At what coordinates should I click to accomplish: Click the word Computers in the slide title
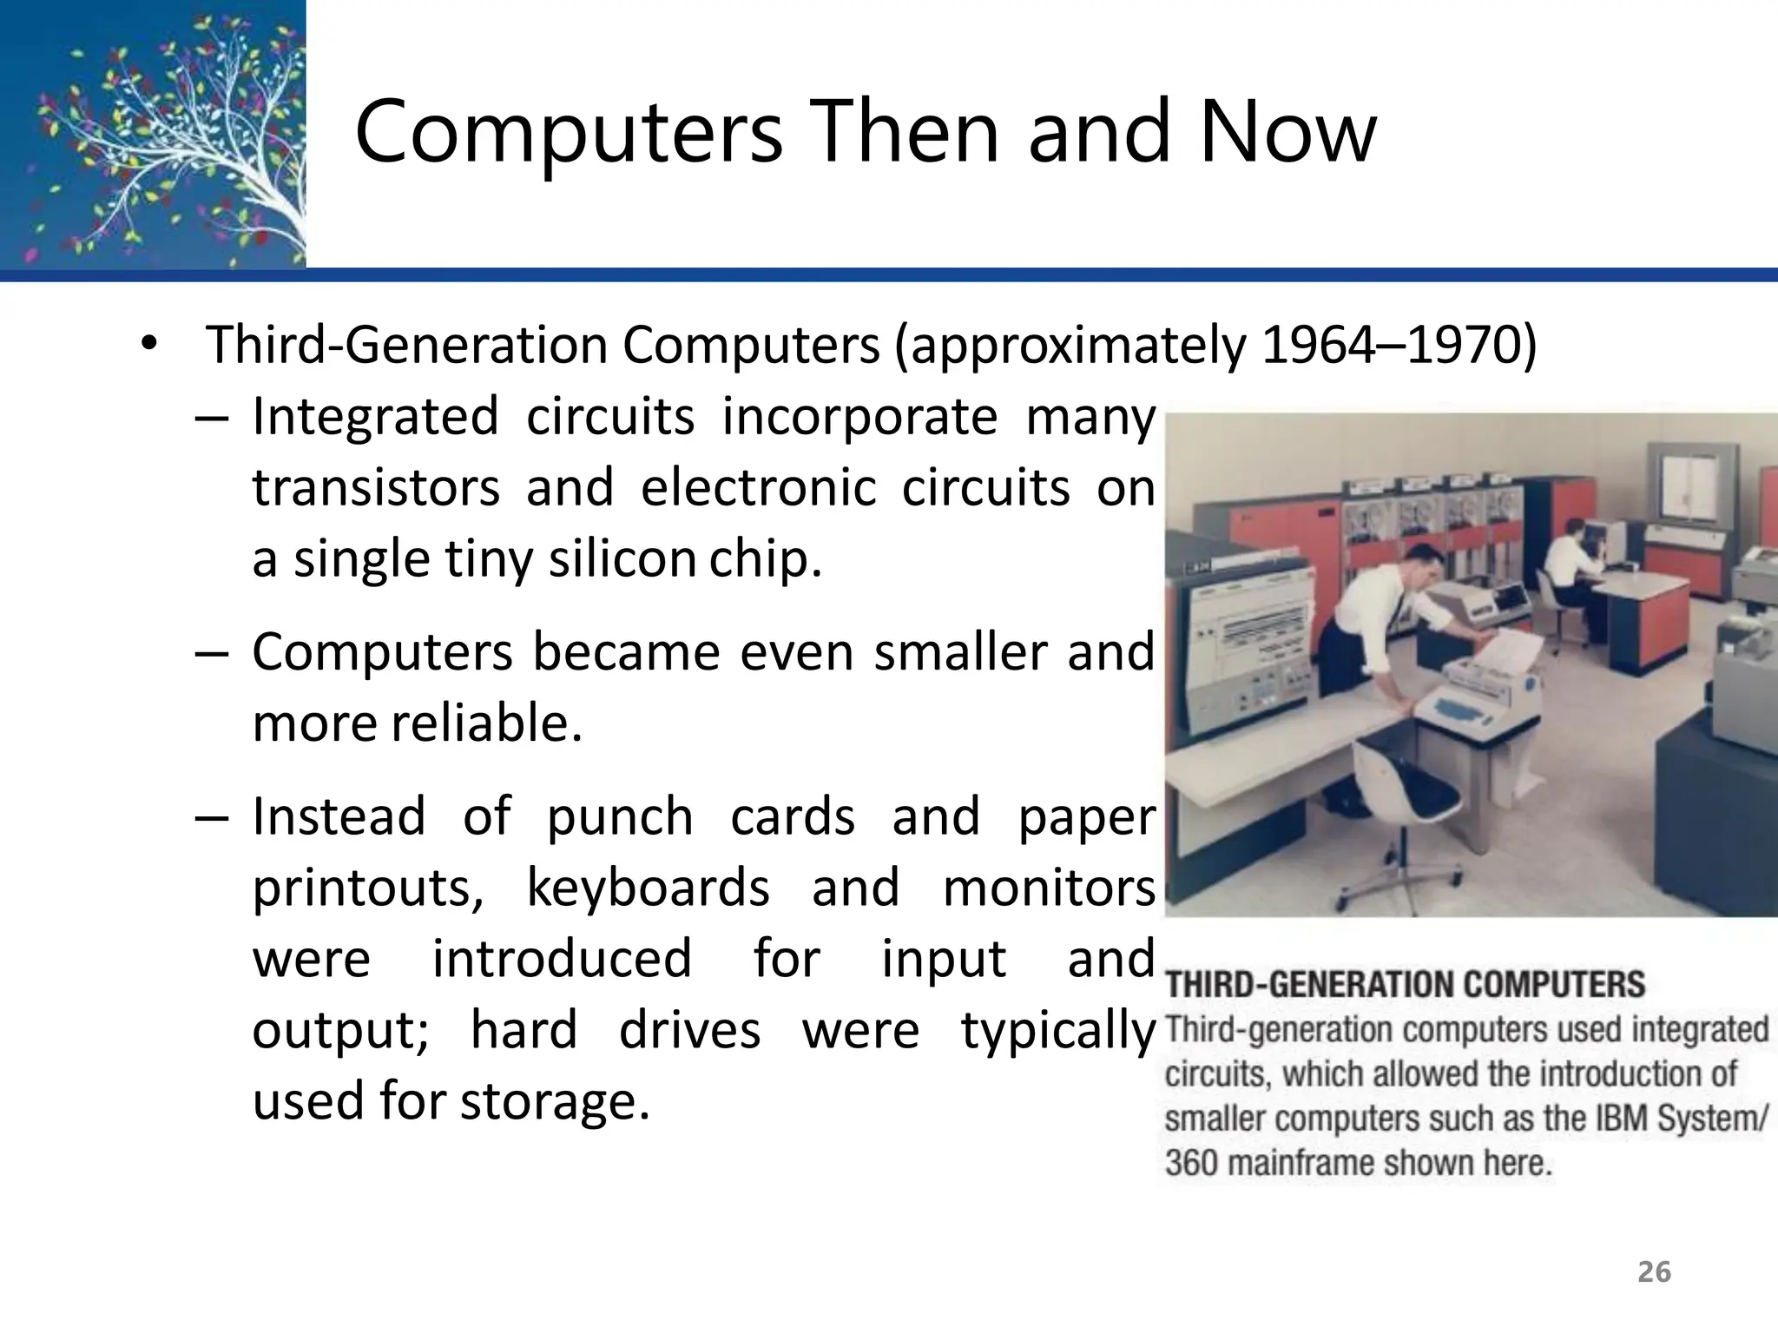(x=569, y=132)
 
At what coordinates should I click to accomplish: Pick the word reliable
(x=485, y=723)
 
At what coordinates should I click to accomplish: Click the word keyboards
(x=648, y=888)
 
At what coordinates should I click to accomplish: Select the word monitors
(x=1049, y=888)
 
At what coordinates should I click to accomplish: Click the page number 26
(x=1654, y=1272)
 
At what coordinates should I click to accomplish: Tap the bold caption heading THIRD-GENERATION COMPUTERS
(x=1405, y=985)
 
